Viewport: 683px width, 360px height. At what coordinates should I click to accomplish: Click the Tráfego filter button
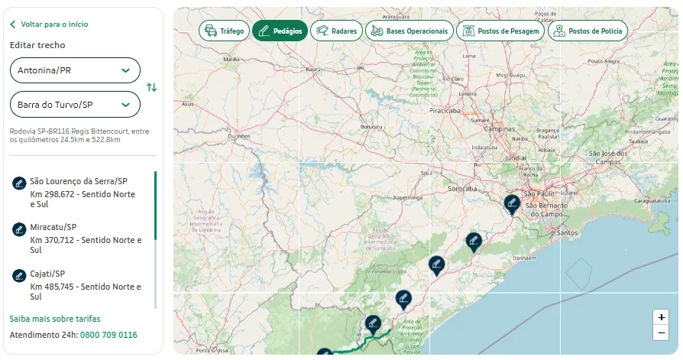point(223,31)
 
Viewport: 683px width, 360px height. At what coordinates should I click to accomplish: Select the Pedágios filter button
point(280,31)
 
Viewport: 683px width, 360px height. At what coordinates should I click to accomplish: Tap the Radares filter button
point(336,31)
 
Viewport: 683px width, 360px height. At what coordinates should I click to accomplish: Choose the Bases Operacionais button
point(409,31)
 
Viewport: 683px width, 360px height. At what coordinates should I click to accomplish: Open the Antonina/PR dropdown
point(75,70)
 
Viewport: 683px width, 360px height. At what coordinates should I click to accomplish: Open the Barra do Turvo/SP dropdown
point(75,105)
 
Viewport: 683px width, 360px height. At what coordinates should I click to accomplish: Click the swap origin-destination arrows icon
point(152,87)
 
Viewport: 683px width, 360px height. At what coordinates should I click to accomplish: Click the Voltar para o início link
point(53,24)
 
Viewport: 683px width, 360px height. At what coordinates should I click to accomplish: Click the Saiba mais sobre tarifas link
point(55,319)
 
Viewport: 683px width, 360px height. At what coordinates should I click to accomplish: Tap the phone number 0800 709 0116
point(108,335)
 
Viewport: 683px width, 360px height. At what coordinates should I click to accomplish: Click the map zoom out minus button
point(662,332)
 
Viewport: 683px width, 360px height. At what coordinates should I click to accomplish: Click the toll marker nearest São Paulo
point(512,203)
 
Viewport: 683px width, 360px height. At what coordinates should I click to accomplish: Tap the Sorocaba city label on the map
point(462,187)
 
